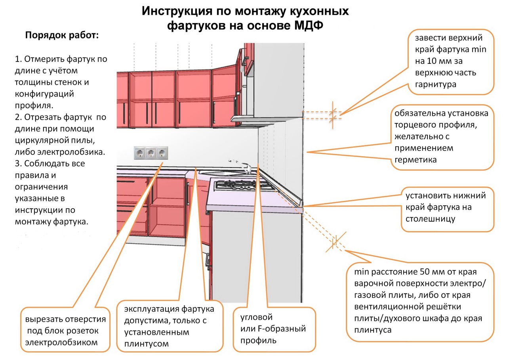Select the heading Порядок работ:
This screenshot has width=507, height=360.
point(62,35)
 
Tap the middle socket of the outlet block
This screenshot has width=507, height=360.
point(151,152)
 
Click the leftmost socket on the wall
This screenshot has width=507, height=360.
point(140,152)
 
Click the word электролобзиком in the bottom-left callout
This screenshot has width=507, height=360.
point(61,342)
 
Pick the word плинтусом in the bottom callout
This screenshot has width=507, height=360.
point(146,344)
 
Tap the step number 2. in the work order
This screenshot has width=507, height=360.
point(19,118)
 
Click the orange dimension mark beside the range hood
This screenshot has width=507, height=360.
point(333,114)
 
